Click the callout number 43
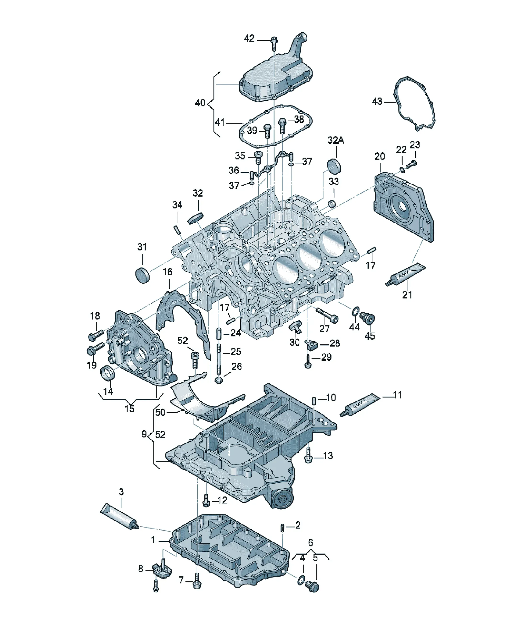tap(377, 101)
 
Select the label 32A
tap(336, 140)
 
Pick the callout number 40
tap(200, 103)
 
